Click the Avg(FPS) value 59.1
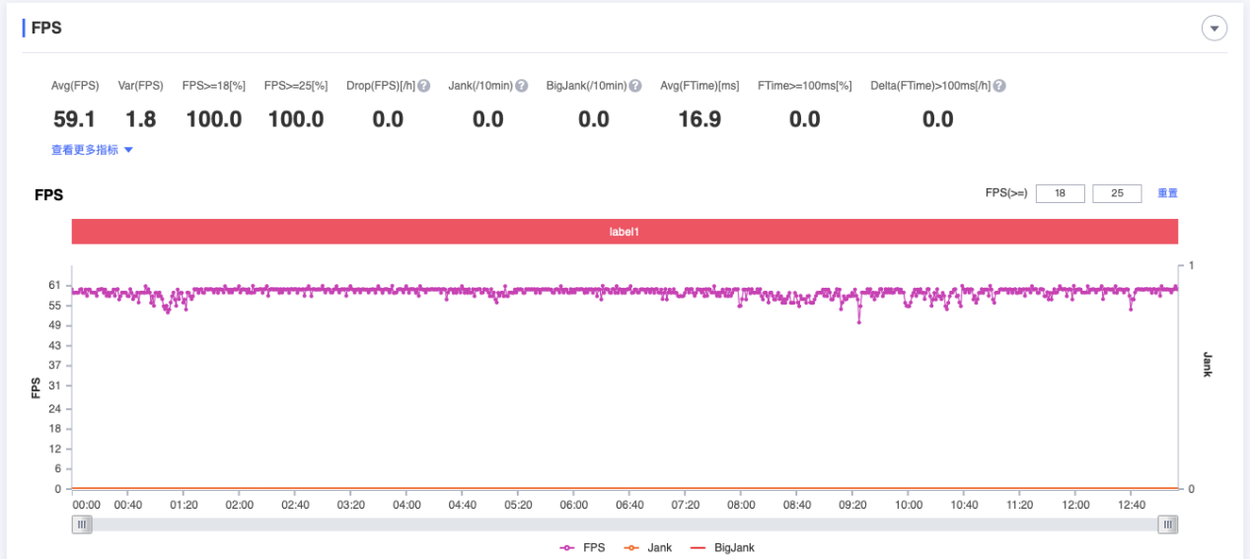pyautogui.click(x=74, y=119)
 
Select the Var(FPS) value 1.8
pyautogui.click(x=140, y=119)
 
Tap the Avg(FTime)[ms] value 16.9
pyautogui.click(x=699, y=119)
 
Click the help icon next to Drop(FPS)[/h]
pyautogui.click(x=423, y=86)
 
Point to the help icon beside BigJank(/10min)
pyautogui.click(x=635, y=86)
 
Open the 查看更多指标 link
pyautogui.click(x=92, y=150)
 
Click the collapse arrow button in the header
pyautogui.click(x=1214, y=29)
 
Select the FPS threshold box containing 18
pyautogui.click(x=1061, y=193)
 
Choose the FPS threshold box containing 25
pyautogui.click(x=1117, y=193)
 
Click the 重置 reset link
pyautogui.click(x=1167, y=193)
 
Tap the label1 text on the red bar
pyautogui.click(x=625, y=232)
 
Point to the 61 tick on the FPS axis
pyautogui.click(x=55, y=286)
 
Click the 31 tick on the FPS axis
pyautogui.click(x=55, y=385)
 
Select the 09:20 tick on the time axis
pyautogui.click(x=852, y=505)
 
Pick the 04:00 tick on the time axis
pyautogui.click(x=406, y=505)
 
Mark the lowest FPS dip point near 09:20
pyautogui.click(x=859, y=321)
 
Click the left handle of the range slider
pyautogui.click(x=83, y=524)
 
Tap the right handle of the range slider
pyautogui.click(x=1168, y=524)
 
